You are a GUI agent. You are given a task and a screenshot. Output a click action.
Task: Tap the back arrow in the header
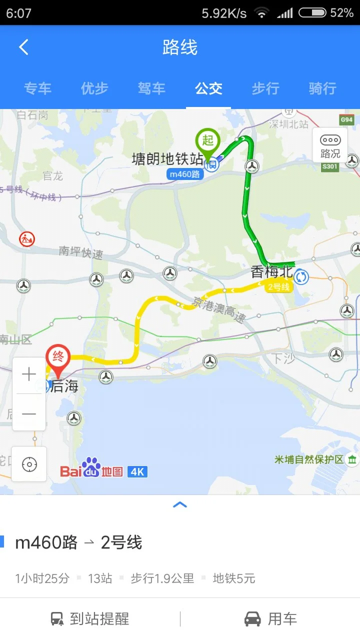pyautogui.click(x=23, y=47)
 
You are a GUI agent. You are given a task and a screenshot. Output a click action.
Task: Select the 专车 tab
pyautogui.click(x=37, y=89)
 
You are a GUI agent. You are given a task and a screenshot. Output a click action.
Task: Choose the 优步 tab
pyautogui.click(x=94, y=89)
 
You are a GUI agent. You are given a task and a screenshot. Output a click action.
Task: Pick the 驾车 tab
pyautogui.click(x=151, y=89)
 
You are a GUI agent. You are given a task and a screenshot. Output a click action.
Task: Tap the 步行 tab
pyautogui.click(x=265, y=89)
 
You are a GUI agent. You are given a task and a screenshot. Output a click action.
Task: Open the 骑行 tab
pyautogui.click(x=322, y=89)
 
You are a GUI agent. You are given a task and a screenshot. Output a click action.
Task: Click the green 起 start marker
pyautogui.click(x=207, y=141)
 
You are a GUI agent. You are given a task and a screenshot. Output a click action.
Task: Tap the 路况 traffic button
pyautogui.click(x=330, y=145)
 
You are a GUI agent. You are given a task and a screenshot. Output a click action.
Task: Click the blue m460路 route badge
pyautogui.click(x=184, y=174)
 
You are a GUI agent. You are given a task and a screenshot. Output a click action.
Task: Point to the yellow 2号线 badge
pyautogui.click(x=279, y=287)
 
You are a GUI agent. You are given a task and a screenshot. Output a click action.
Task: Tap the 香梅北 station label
pyautogui.click(x=271, y=272)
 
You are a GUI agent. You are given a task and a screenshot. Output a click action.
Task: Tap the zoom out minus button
pyautogui.click(x=29, y=413)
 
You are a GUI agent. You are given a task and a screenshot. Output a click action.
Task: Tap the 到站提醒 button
pyautogui.click(x=90, y=619)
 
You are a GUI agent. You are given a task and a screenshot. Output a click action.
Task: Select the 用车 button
pyautogui.click(x=270, y=619)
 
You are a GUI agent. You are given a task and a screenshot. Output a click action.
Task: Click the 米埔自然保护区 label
pyautogui.click(x=309, y=459)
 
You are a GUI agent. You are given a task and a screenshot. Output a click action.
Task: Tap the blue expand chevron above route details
pyautogui.click(x=180, y=505)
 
